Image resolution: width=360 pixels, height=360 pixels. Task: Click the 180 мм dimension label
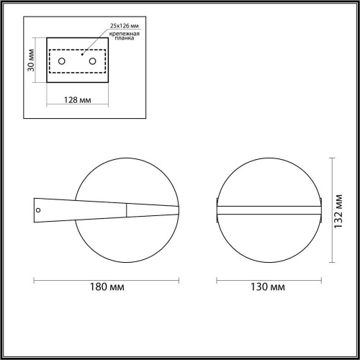point(107,287)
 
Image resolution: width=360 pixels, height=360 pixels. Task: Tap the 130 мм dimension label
point(268,287)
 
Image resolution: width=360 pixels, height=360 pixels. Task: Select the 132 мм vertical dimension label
point(338,212)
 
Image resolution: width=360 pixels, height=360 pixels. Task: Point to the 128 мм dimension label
point(78,100)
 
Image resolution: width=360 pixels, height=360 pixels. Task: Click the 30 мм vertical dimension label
point(31,60)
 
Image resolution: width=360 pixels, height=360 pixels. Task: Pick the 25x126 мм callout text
point(125,26)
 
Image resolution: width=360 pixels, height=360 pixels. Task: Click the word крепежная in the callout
point(125,34)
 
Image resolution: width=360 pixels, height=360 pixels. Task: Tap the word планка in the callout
point(125,38)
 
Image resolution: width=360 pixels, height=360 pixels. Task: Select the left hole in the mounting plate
point(62,61)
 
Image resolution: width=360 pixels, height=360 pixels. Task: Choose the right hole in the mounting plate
point(92,61)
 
